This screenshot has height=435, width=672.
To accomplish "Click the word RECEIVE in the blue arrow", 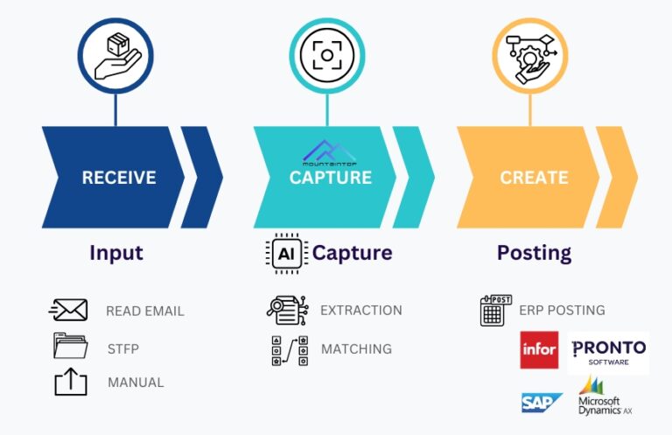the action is (x=119, y=178).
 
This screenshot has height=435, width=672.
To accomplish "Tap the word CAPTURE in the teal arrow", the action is (x=331, y=178).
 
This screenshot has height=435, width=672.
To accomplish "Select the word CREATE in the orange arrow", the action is (x=534, y=178).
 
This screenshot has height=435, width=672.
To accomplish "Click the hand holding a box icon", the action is (x=117, y=57).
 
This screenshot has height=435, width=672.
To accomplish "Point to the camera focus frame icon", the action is (x=327, y=55).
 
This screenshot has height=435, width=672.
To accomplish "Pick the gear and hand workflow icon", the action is (x=531, y=59).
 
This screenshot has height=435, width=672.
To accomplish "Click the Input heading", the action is (x=116, y=252).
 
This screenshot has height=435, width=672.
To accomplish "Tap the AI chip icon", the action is (x=286, y=254).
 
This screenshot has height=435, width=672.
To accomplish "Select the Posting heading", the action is (x=534, y=253).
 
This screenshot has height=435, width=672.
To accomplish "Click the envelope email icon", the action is (x=68, y=310).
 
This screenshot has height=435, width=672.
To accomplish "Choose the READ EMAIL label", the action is (x=145, y=311).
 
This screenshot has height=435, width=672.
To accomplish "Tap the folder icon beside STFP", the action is (x=71, y=346).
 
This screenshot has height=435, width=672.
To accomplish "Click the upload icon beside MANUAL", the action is (x=71, y=382).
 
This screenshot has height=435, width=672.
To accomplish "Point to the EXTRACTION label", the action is (x=361, y=311).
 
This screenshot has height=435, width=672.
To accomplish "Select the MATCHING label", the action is (x=357, y=349).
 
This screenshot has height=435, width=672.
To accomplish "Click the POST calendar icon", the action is (x=496, y=311).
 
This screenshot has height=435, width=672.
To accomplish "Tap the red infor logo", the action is (x=539, y=350).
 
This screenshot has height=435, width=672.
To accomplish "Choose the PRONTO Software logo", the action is (x=609, y=352).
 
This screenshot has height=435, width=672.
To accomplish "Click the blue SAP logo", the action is (x=542, y=403).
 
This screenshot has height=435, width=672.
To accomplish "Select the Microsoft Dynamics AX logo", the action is (x=605, y=396).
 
